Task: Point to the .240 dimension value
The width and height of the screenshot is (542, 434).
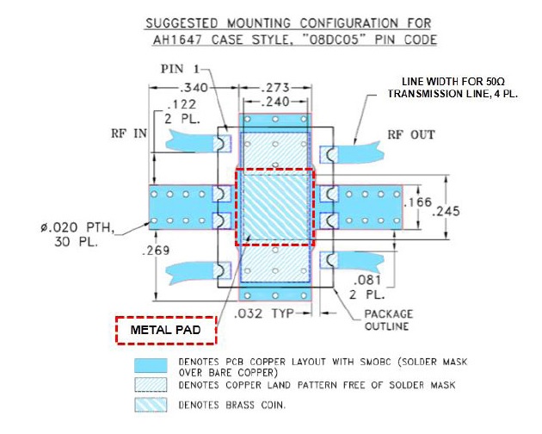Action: click(x=274, y=101)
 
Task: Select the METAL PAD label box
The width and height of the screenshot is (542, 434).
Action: click(x=165, y=330)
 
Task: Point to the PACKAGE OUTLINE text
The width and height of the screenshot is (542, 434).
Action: click(x=387, y=320)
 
